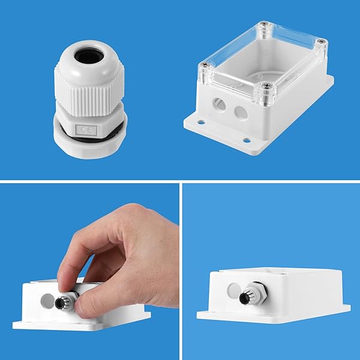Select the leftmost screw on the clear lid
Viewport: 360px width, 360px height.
(x=205, y=65)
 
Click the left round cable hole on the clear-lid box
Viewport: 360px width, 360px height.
(x=220, y=106)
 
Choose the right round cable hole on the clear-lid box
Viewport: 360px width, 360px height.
(x=241, y=112)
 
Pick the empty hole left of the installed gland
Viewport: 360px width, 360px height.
(x=233, y=290)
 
